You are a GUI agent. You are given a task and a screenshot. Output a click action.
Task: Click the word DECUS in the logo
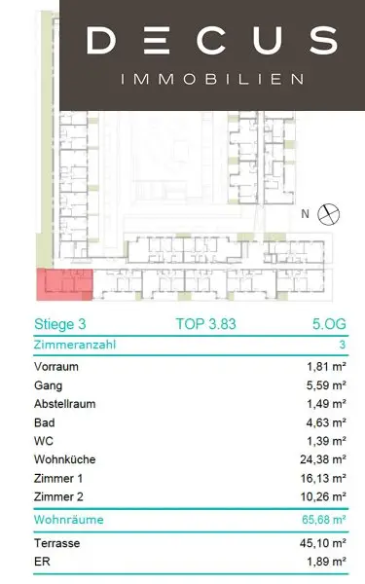pos(212,40)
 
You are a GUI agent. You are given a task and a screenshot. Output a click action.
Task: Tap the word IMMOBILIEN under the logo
pos(212,79)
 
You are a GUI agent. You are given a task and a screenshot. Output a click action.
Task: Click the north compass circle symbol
pos(329,214)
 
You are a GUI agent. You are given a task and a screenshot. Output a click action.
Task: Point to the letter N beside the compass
pos(305,214)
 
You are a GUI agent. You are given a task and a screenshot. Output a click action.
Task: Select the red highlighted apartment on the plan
pos(64,284)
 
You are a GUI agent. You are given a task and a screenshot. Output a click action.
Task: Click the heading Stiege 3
pos(60,324)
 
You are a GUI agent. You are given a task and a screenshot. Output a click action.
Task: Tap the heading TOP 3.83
pos(206,324)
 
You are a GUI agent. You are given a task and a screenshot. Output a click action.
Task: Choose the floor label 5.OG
pos(329,324)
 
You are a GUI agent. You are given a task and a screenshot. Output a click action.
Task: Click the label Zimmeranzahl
pos(75,345)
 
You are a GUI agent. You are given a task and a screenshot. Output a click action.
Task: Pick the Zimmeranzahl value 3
pos(343,345)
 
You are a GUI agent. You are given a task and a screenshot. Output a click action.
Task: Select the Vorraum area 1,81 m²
pos(327,367)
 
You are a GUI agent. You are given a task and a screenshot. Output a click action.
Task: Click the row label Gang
pos(48,385)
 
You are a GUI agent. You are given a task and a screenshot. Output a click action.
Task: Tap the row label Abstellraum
pos(65,404)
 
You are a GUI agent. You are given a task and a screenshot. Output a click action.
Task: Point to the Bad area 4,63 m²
pos(327,422)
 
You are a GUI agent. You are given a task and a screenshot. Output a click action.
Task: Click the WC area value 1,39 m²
pos(327,441)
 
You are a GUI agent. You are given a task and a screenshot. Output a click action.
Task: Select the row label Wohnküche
pos(65,459)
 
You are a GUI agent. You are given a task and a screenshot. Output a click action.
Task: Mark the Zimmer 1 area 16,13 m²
pos(323,478)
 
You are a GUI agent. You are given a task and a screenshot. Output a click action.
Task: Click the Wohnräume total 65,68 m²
pos(324,519)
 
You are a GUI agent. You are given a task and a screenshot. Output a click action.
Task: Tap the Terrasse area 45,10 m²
pos(323,543)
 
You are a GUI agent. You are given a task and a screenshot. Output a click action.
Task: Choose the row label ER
pos(42,562)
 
